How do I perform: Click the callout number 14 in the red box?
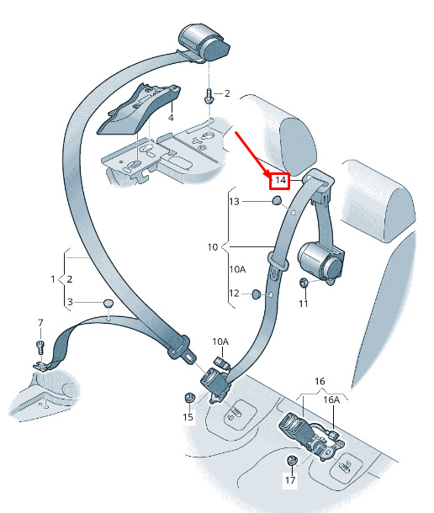point(280,180)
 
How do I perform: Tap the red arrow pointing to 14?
point(252,153)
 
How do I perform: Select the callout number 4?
point(171,118)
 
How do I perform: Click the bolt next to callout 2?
point(209,95)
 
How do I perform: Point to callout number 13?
point(234,202)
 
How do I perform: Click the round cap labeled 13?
point(277,200)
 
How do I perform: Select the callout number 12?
point(234,294)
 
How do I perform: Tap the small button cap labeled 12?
point(256,294)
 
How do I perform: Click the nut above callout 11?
point(304,283)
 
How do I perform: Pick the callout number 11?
point(304,304)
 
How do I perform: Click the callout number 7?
point(40,323)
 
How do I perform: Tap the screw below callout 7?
point(40,347)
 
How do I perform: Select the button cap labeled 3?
point(108,303)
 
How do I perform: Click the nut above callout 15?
point(189,398)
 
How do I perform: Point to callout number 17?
point(290,480)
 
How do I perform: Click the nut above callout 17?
point(291,461)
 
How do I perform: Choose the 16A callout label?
point(331,399)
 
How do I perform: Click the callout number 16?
point(320,382)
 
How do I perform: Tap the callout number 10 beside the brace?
point(213,247)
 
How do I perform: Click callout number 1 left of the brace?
point(53,279)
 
